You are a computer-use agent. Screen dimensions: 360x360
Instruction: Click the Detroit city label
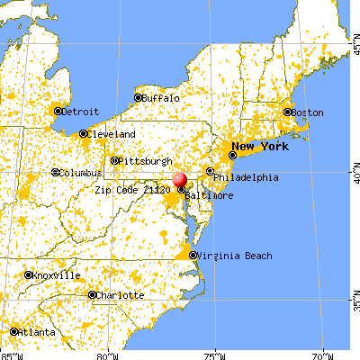pos(78,112)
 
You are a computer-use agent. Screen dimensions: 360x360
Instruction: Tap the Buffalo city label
pos(161,97)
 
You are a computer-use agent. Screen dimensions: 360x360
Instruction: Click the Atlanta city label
pos(36,332)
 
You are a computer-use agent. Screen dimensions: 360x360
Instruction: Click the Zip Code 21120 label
pos(133,190)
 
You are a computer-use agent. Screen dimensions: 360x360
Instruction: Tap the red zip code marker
pos(181,181)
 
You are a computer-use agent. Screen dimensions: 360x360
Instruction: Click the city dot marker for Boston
pos(288,112)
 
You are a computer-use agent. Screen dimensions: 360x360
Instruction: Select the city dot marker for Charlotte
pos(93,295)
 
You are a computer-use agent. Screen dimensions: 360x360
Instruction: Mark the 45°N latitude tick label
pos(353,44)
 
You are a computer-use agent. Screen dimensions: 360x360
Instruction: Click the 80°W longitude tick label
pos(108,354)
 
